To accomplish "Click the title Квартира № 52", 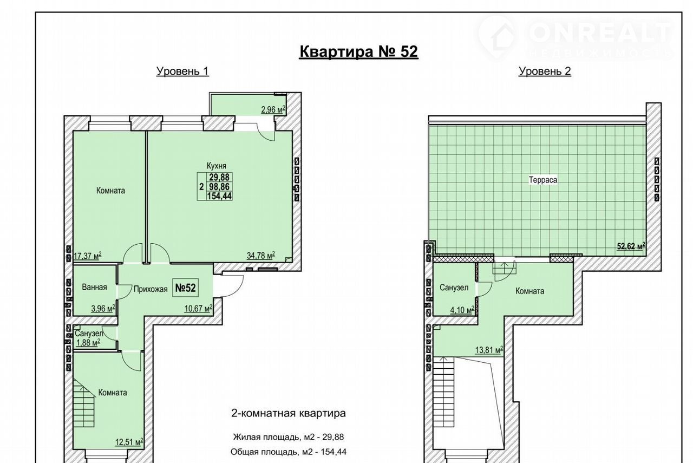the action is (x=359, y=51).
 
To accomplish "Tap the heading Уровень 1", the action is (x=182, y=71).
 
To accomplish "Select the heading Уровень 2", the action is (x=545, y=71).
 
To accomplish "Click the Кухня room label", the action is (x=217, y=166).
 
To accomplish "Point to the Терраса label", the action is (x=543, y=180).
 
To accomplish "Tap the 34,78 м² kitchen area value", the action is (x=261, y=256).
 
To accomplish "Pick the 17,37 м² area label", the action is (x=88, y=256).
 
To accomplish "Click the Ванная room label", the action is (x=94, y=287).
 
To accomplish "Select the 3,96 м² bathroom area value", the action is (x=103, y=309).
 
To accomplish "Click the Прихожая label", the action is (x=151, y=289).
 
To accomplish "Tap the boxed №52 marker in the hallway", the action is (x=186, y=288).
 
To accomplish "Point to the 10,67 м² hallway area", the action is (x=198, y=309).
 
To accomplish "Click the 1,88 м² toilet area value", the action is (x=88, y=342).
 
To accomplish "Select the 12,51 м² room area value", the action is (x=129, y=442).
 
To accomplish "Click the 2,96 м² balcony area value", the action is (x=273, y=110).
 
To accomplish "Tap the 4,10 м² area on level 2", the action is (x=462, y=310).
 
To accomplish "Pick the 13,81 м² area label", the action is (x=489, y=350).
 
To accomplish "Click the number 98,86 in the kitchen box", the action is (x=219, y=187).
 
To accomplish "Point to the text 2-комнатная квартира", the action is (x=289, y=413).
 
